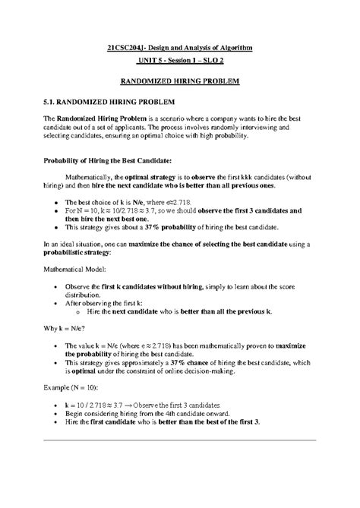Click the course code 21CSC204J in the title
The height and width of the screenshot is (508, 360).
128,48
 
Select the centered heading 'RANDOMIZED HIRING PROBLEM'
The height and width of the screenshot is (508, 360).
180,81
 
